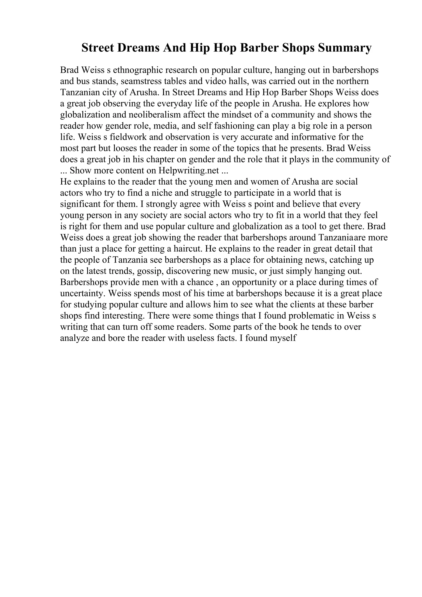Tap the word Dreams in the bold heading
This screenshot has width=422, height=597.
click(x=138, y=48)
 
